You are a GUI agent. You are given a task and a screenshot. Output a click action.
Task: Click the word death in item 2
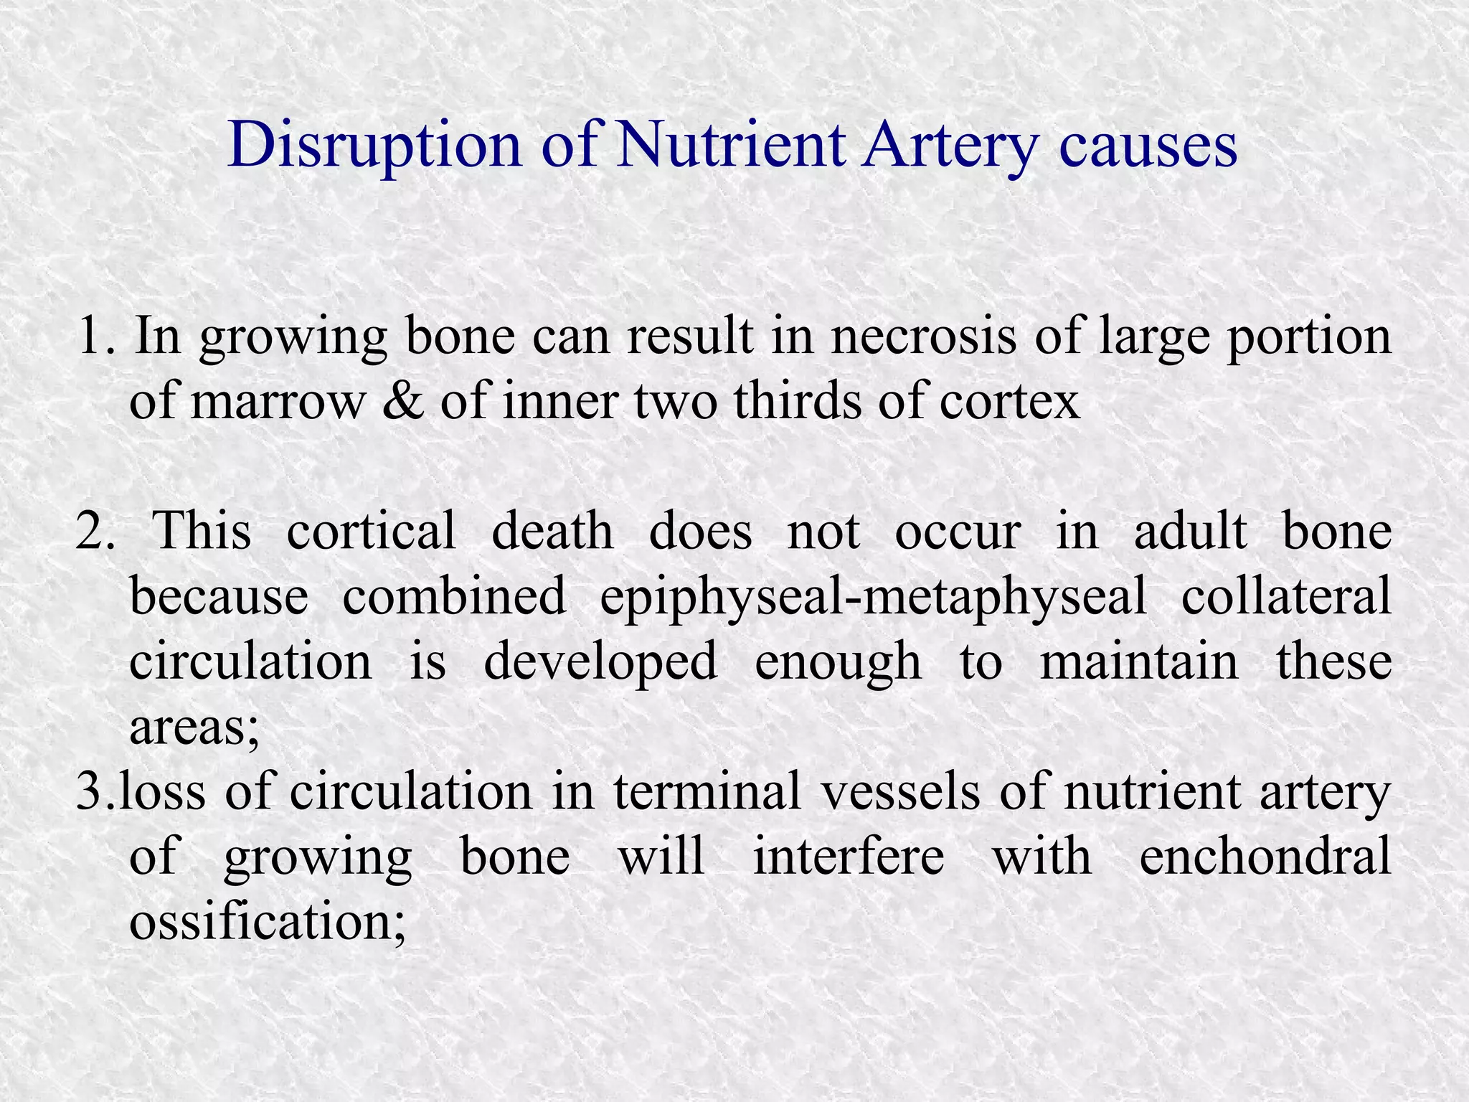click(x=552, y=532)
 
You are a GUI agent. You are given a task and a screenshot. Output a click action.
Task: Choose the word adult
click(x=1191, y=532)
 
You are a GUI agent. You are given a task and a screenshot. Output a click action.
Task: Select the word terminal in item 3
click(x=707, y=792)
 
